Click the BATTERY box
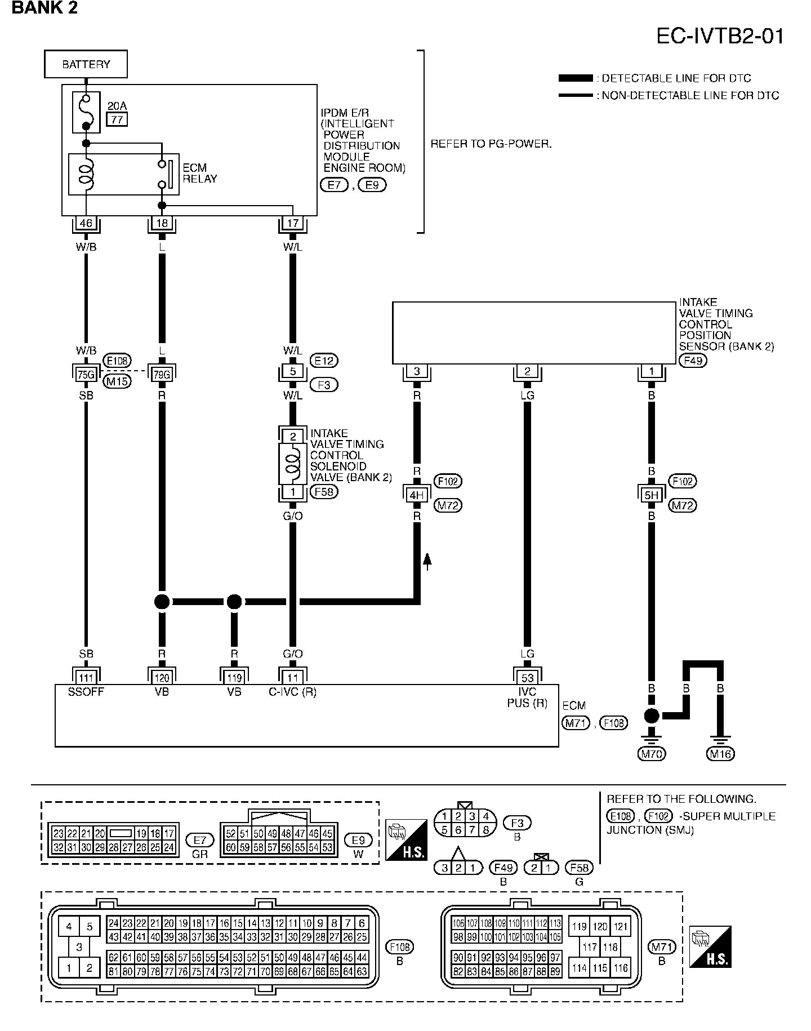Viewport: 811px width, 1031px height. click(86, 64)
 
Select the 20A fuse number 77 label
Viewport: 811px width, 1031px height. click(117, 119)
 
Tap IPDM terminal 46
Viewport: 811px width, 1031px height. click(86, 223)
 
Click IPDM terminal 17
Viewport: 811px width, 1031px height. click(292, 223)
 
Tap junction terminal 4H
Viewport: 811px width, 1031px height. click(417, 495)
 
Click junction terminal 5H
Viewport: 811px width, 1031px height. click(651, 495)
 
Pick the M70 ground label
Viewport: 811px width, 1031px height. click(651, 753)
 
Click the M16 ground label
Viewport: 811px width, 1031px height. click(720, 753)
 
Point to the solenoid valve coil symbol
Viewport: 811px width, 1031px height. click(292, 464)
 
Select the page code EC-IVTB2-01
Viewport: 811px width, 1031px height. click(720, 37)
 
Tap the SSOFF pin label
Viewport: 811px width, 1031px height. click(86, 692)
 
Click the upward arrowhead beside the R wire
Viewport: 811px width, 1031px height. click(427, 559)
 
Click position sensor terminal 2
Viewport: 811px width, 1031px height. click(527, 372)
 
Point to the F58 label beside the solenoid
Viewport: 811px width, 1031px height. click(324, 491)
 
